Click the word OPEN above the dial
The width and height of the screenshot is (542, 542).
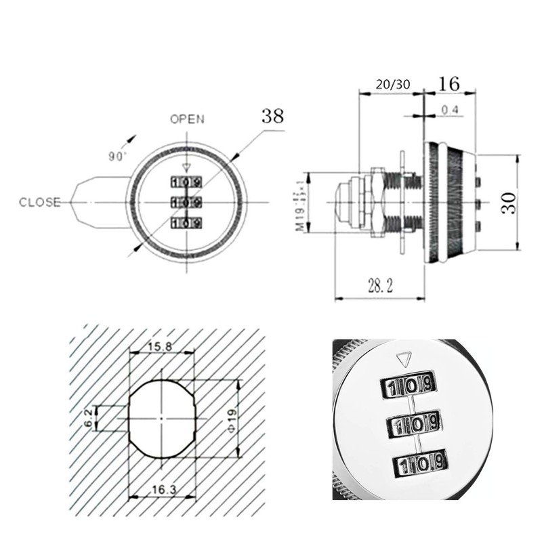point(186,119)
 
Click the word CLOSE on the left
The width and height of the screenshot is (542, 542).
point(40,202)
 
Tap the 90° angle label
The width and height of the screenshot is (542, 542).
point(117,155)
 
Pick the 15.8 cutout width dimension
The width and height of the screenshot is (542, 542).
point(160,347)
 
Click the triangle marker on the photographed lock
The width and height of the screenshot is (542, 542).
point(404,358)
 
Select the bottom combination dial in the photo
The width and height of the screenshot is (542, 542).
point(419,463)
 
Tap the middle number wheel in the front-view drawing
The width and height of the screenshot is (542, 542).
point(186,202)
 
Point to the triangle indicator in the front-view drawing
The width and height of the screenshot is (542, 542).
point(186,171)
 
